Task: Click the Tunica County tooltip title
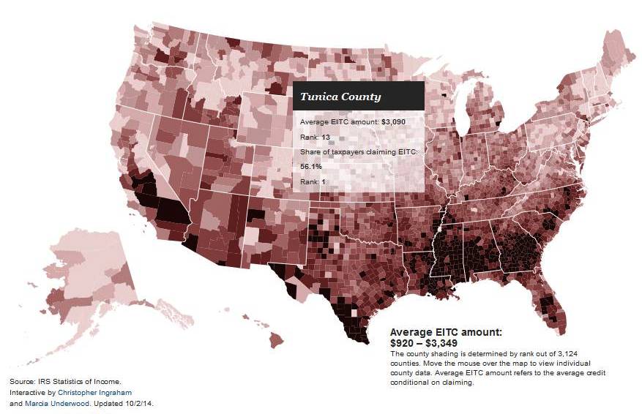coord(340,97)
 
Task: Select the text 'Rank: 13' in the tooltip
coord(316,137)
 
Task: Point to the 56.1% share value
coord(312,167)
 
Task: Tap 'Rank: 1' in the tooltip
coord(313,182)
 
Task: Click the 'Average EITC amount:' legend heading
coord(446,332)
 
